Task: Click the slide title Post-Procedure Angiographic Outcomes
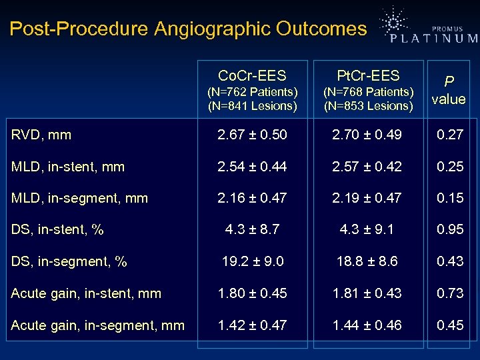[188, 29]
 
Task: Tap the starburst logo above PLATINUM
[394, 21]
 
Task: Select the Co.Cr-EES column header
[252, 76]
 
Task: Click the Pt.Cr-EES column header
[368, 76]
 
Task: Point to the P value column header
[449, 89]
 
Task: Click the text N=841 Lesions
[252, 105]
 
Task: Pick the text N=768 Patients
[368, 91]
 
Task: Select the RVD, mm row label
[41, 135]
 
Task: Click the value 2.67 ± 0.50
[252, 135]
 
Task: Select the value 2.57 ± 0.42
[368, 167]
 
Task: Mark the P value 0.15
[450, 198]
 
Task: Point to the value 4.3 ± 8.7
[252, 230]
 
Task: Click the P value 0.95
[450, 230]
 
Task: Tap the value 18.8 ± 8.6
[368, 262]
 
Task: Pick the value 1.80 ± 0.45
[252, 293]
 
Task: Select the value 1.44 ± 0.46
[368, 325]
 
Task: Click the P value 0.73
[450, 293]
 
